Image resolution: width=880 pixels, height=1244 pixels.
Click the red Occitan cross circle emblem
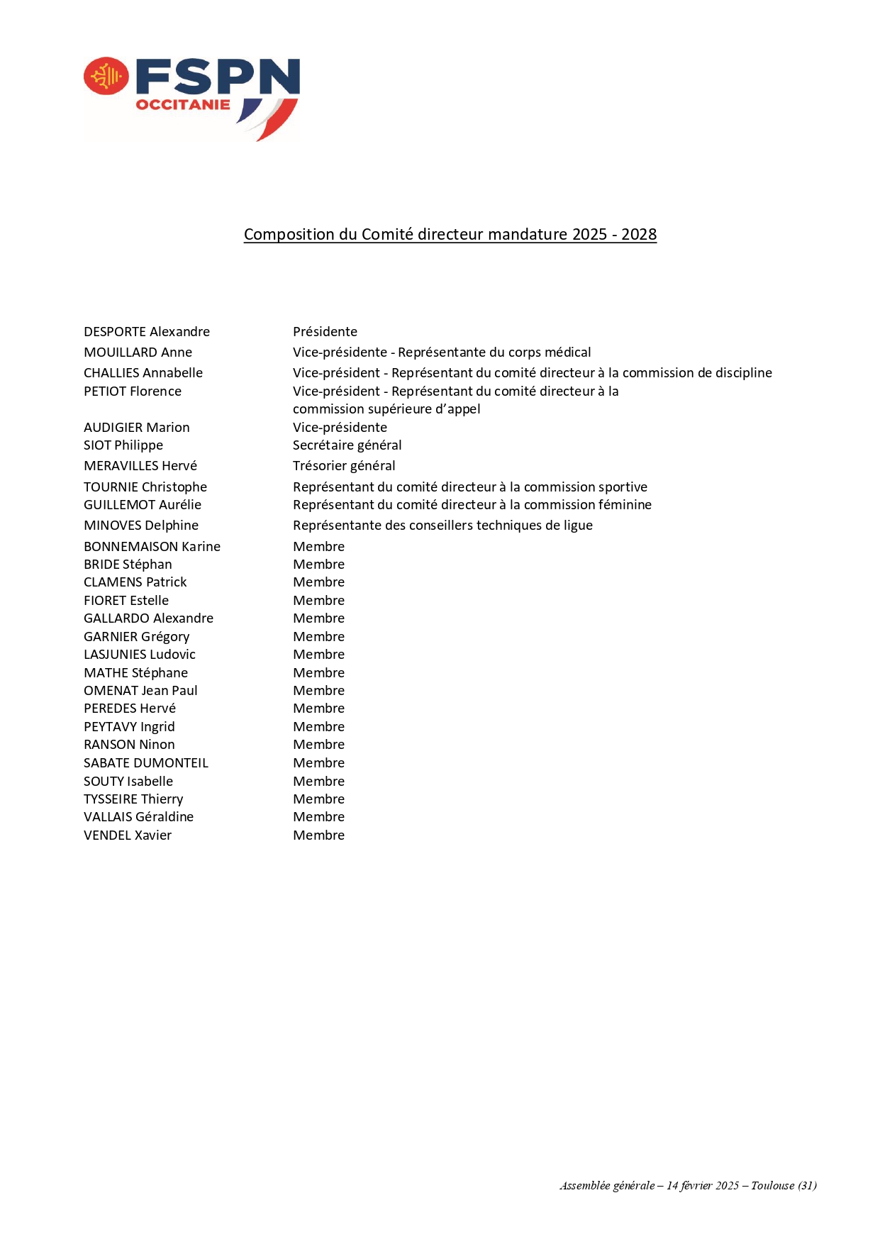pos(106,76)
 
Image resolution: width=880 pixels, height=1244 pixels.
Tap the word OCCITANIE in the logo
pos(183,105)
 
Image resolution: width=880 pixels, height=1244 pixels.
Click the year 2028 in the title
pos(639,235)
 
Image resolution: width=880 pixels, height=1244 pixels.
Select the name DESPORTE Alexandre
pos(147,332)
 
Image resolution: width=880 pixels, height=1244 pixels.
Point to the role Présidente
pos(325,332)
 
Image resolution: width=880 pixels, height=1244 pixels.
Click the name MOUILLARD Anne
pos(138,352)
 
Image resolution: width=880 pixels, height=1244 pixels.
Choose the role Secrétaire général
pos(347,445)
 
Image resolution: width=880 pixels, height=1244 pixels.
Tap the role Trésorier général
pos(344,466)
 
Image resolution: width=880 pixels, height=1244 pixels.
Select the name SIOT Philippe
pos(123,445)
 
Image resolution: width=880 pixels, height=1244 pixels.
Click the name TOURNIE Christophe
pos(145,487)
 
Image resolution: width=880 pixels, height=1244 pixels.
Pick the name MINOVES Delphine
pos(141,526)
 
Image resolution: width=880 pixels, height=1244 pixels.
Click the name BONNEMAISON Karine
pos(152,547)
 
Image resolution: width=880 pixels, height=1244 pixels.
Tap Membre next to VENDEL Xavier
pos(318,835)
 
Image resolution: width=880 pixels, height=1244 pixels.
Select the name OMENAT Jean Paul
pos(140,691)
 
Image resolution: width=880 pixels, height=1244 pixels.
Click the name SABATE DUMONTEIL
pos(146,763)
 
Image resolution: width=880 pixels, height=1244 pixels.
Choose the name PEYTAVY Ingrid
pos(129,727)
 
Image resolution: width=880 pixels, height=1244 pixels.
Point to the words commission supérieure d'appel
pos(386,409)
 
